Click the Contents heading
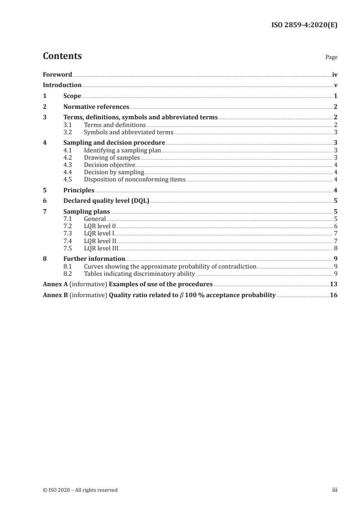point(62,56)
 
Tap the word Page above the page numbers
point(331,58)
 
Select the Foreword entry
point(57,74)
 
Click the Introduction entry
point(62,85)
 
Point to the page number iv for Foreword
point(334,74)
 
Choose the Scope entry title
point(72,96)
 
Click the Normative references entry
point(96,107)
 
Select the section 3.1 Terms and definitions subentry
point(115,125)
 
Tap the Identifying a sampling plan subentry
point(123,150)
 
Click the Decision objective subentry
point(109,165)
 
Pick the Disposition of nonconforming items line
point(134,179)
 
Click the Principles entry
point(79,191)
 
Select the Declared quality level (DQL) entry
point(106,201)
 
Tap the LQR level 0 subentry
point(100,226)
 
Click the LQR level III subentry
point(101,248)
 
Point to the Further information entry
point(94,259)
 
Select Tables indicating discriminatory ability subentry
point(139,274)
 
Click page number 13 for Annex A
point(333,284)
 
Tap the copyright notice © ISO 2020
point(80,490)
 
